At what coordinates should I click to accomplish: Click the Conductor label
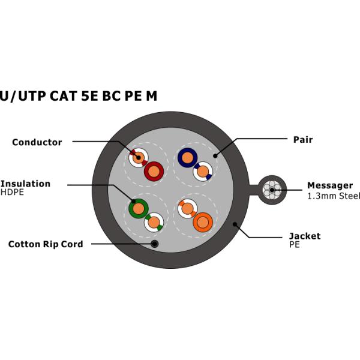click(37, 143)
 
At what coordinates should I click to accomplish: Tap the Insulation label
click(25, 184)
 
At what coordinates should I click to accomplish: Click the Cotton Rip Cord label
click(46, 244)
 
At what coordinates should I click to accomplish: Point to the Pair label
click(302, 140)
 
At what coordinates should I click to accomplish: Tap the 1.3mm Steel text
click(334, 196)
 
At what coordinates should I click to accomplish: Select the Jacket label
click(305, 236)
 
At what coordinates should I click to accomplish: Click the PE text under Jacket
click(295, 245)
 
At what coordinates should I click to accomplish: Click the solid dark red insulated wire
click(154, 172)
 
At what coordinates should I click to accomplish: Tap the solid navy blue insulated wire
click(187, 158)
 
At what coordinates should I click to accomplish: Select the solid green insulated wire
click(139, 209)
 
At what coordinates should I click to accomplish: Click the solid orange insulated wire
click(203, 223)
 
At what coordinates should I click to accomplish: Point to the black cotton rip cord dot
click(155, 244)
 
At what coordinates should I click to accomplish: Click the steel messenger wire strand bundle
click(271, 190)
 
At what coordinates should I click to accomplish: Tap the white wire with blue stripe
click(203, 172)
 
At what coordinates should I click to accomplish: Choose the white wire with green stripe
click(154, 223)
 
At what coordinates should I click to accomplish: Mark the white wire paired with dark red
click(139, 158)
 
